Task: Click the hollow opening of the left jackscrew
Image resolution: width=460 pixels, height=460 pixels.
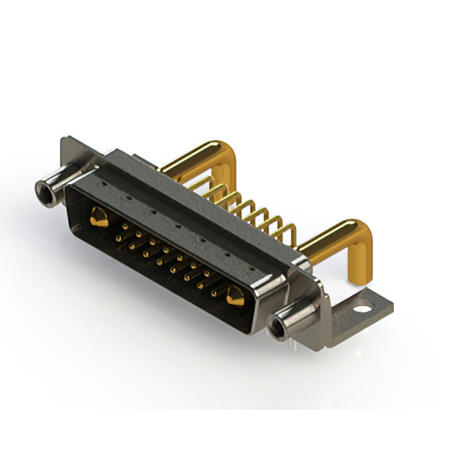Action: click(45, 190)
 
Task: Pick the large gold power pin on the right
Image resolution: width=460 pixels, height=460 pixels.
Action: click(234, 295)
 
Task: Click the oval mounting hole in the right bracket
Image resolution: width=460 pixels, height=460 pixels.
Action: click(364, 310)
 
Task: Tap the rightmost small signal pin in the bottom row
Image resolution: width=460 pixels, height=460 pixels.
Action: click(213, 293)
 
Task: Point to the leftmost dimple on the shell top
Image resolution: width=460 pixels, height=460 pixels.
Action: click(106, 185)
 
